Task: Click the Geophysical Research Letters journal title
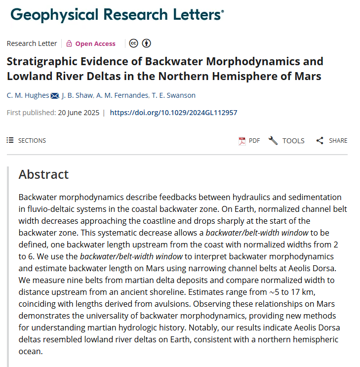pyautogui.click(x=117, y=15)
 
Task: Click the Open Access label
pyautogui.click(x=95, y=43)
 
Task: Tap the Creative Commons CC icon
pyautogui.click(x=133, y=43)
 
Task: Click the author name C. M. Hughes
pyautogui.click(x=28, y=95)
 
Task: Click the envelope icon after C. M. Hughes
pyautogui.click(x=55, y=95)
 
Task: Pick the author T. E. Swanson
pyautogui.click(x=175, y=95)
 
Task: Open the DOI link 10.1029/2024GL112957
pyautogui.click(x=173, y=113)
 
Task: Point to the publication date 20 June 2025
pyautogui.click(x=78, y=113)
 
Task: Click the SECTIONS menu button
pyautogui.click(x=26, y=141)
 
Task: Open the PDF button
pyautogui.click(x=249, y=141)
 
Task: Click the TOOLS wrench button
pyautogui.click(x=286, y=141)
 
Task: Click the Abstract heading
pyautogui.click(x=43, y=174)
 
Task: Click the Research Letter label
pyautogui.click(x=32, y=43)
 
